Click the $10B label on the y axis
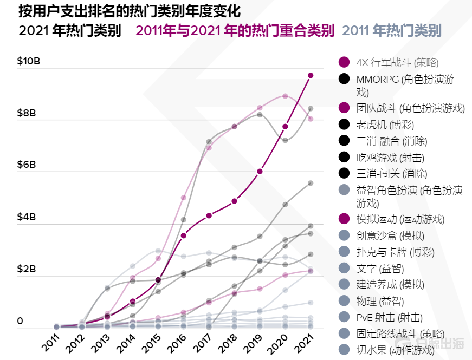[28, 61]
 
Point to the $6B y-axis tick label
[26, 165]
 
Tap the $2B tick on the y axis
[26, 269]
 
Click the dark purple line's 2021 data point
[311, 75]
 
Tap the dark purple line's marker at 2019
[260, 171]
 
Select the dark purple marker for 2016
[184, 235]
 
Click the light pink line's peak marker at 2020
[285, 96]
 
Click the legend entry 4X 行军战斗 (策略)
[397, 62]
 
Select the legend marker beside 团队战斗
[344, 108]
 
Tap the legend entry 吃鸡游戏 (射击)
[390, 158]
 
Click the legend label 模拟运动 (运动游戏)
[400, 219]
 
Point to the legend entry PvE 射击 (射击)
[389, 317]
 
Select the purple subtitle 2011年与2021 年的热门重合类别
[235, 31]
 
